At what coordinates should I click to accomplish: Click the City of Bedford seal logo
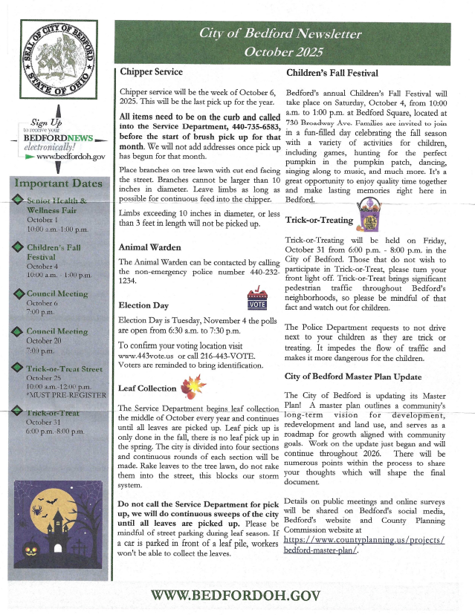click(55, 63)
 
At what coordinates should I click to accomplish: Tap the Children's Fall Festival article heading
click(332, 73)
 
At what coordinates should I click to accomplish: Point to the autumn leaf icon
click(191, 385)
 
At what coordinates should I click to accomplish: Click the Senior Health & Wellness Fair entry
click(56, 205)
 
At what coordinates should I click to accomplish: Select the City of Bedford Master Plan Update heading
click(353, 377)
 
